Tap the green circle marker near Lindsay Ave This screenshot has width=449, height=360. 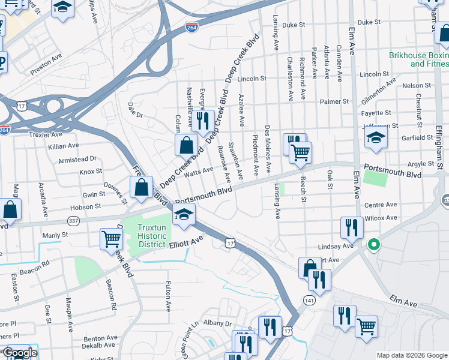(x=373, y=244)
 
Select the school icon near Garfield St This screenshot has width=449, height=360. (x=376, y=139)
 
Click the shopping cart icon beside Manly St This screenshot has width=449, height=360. (x=112, y=239)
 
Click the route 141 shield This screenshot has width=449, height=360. (x=309, y=301)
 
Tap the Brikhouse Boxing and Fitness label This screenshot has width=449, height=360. (x=418, y=59)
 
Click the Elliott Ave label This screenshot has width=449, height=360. (x=187, y=241)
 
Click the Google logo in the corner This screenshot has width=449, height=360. (x=19, y=353)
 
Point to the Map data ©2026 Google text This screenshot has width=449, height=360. (x=412, y=355)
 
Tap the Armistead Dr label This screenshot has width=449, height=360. (x=77, y=158)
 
